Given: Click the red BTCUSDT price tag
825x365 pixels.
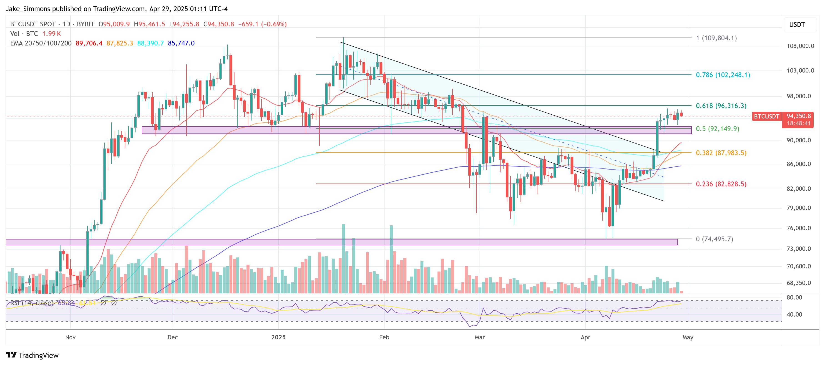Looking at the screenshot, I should (x=766, y=116).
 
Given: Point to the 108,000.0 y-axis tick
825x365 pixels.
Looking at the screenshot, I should (x=800, y=46).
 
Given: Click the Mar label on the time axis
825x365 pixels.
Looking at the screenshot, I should (x=479, y=337).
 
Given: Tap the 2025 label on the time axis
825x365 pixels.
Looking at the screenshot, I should (x=278, y=337).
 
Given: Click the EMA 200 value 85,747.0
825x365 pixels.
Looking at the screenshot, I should (x=181, y=43).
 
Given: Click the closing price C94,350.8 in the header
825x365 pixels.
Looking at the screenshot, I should (x=219, y=24).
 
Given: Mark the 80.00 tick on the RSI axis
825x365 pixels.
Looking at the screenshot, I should (x=794, y=297).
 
